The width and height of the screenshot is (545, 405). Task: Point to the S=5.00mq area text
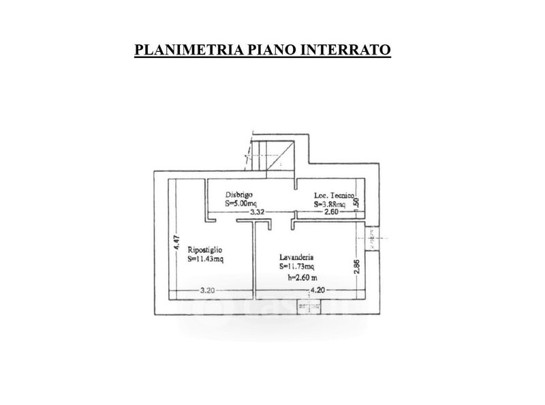pos(242,203)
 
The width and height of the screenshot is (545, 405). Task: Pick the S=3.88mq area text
pos(330,204)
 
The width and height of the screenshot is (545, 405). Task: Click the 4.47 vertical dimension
pos(175,242)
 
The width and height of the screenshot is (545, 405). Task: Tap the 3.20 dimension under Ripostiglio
pos(207,291)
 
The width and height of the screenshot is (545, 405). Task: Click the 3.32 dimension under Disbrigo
pos(257,213)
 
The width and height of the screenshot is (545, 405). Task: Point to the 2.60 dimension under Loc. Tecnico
pos(330,213)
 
